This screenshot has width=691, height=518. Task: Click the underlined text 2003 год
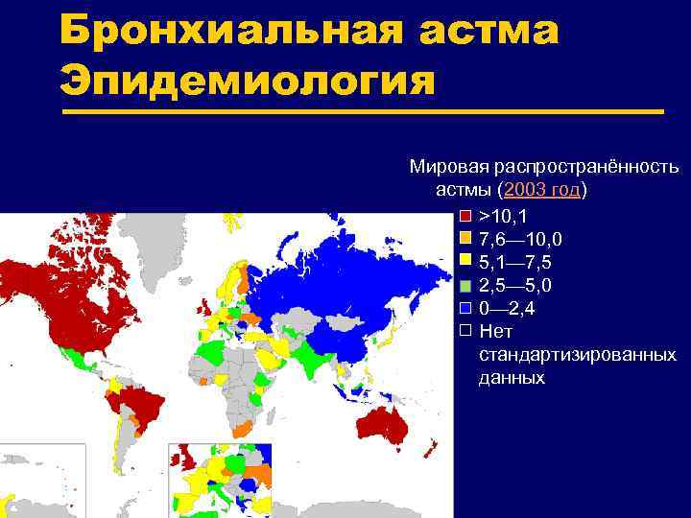click(542, 189)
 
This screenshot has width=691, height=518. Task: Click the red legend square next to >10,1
click(465, 215)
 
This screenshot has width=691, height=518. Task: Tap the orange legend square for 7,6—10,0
click(465, 238)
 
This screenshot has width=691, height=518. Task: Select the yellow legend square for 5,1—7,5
click(465, 261)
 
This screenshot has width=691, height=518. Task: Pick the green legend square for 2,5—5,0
click(465, 285)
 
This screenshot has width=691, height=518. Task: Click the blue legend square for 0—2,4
click(465, 308)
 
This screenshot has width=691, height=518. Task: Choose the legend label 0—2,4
click(508, 309)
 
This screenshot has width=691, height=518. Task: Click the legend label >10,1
click(503, 215)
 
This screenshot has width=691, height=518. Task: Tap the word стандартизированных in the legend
click(577, 355)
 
